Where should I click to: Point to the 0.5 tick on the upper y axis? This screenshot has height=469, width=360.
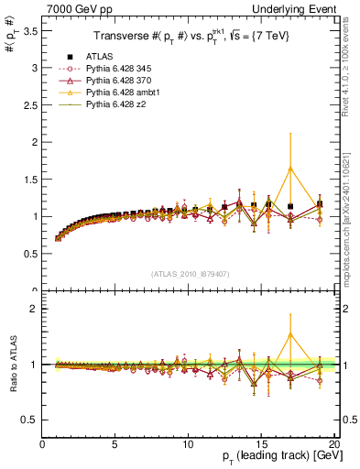[29, 254]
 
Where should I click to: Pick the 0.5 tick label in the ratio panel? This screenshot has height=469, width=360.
[29, 420]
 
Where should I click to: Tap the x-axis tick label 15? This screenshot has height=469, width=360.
[261, 445]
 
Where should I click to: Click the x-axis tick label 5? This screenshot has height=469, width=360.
[115, 445]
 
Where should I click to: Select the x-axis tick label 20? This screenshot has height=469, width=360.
[333, 445]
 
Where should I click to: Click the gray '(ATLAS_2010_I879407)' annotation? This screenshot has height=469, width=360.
[190, 273]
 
